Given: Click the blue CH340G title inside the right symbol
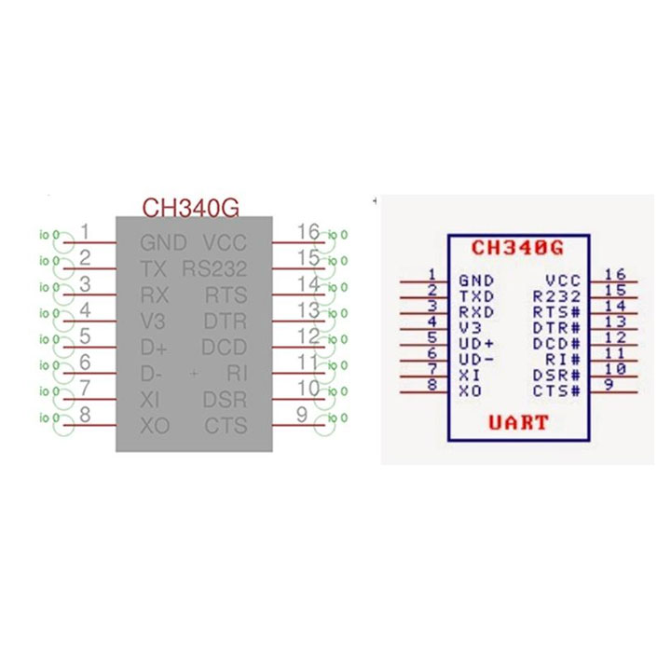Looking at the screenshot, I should (x=517, y=248).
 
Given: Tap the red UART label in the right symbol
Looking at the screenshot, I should (x=518, y=423).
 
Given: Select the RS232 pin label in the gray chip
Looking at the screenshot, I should (x=214, y=269).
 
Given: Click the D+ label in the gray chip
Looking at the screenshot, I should (x=154, y=349).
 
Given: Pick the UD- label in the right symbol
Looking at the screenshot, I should (x=476, y=359).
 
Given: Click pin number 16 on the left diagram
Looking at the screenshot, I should (x=308, y=231).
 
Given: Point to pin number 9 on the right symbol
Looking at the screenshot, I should (x=608, y=384).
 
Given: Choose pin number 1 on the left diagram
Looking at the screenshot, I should (x=85, y=231).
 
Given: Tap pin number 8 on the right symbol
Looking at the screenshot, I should (x=431, y=384).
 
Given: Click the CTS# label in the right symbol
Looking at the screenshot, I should (x=557, y=390).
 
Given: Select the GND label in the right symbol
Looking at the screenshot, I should (x=475, y=280).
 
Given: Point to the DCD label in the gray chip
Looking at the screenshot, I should (x=225, y=349).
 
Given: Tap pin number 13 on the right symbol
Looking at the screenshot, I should (x=614, y=321).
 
